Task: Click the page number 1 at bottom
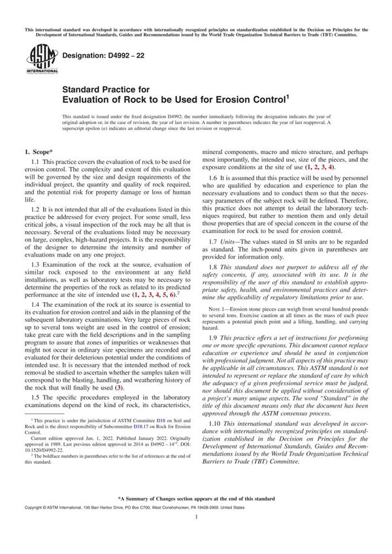point(196,534)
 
